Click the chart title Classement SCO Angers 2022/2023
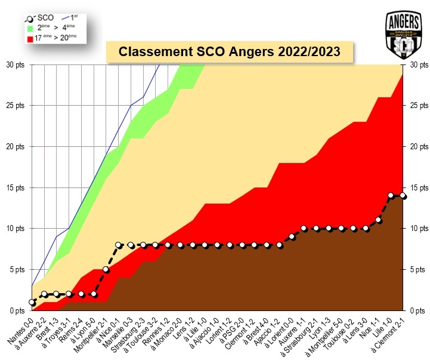pyautogui.click(x=230, y=51)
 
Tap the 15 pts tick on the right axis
pyautogui.click(x=416, y=187)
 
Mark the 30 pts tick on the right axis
pyautogui.click(x=416, y=64)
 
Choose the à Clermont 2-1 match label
pyautogui.click(x=387, y=334)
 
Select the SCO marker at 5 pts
pyautogui.click(x=106, y=269)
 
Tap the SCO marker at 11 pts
pyautogui.click(x=378, y=220)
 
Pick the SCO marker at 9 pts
pyautogui.click(x=292, y=236)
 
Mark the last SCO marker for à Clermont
pyautogui.click(x=403, y=196)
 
